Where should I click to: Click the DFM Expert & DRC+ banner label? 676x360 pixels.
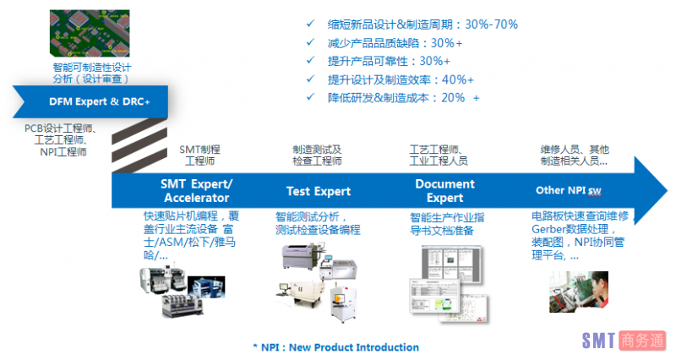[100, 101]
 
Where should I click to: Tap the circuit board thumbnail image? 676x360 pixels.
[90, 33]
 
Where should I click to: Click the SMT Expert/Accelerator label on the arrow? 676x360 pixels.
[197, 190]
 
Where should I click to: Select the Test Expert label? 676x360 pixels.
[319, 191]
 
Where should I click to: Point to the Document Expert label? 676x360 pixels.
[445, 190]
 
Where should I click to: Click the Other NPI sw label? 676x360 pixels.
[568, 190]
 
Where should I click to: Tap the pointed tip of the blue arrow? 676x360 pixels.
[667, 190]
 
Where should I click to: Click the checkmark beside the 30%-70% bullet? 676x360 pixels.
[310, 24]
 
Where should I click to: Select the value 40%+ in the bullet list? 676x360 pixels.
[458, 79]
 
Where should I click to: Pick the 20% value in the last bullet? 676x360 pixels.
[453, 98]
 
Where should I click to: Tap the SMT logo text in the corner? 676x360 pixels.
[598, 341]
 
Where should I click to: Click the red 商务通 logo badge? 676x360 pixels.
[642, 341]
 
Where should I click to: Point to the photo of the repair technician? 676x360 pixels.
[579, 292]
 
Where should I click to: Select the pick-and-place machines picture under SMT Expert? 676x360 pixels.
[182, 292]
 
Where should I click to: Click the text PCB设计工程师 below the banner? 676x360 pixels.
[58, 128]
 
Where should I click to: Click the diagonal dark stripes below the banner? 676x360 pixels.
[139, 145]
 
